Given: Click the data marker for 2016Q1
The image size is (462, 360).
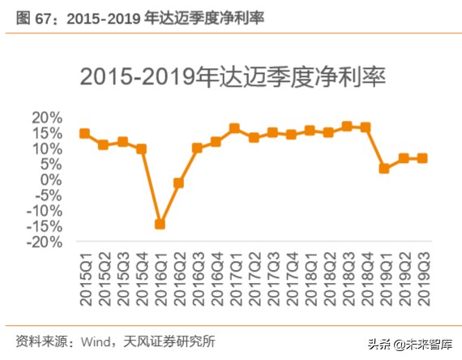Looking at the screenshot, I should click(160, 224).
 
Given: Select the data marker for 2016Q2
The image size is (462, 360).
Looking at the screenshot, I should click(178, 183).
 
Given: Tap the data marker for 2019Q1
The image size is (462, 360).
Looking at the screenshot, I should click(384, 169).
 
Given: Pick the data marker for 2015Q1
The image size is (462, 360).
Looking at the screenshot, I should click(84, 133).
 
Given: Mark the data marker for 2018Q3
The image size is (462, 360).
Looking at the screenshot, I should click(347, 126).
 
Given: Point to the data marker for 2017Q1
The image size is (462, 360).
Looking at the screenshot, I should click(234, 128).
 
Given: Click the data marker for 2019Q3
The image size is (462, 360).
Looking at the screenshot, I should click(421, 158).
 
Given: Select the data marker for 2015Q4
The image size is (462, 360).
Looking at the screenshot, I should click(141, 149).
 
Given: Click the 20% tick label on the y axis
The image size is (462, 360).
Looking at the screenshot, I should click(47, 118).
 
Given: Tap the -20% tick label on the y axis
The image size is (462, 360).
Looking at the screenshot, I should click(45, 242).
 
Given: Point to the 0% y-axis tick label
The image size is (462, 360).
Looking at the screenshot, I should click(50, 180).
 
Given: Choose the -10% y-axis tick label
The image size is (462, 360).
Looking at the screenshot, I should click(45, 211).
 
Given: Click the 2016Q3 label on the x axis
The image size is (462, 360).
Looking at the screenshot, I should click(197, 277).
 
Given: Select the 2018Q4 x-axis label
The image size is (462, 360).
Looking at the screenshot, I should click(366, 277).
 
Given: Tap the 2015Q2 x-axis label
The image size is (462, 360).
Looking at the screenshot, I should click(103, 277).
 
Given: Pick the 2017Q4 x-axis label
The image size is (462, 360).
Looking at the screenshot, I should click(291, 277).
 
